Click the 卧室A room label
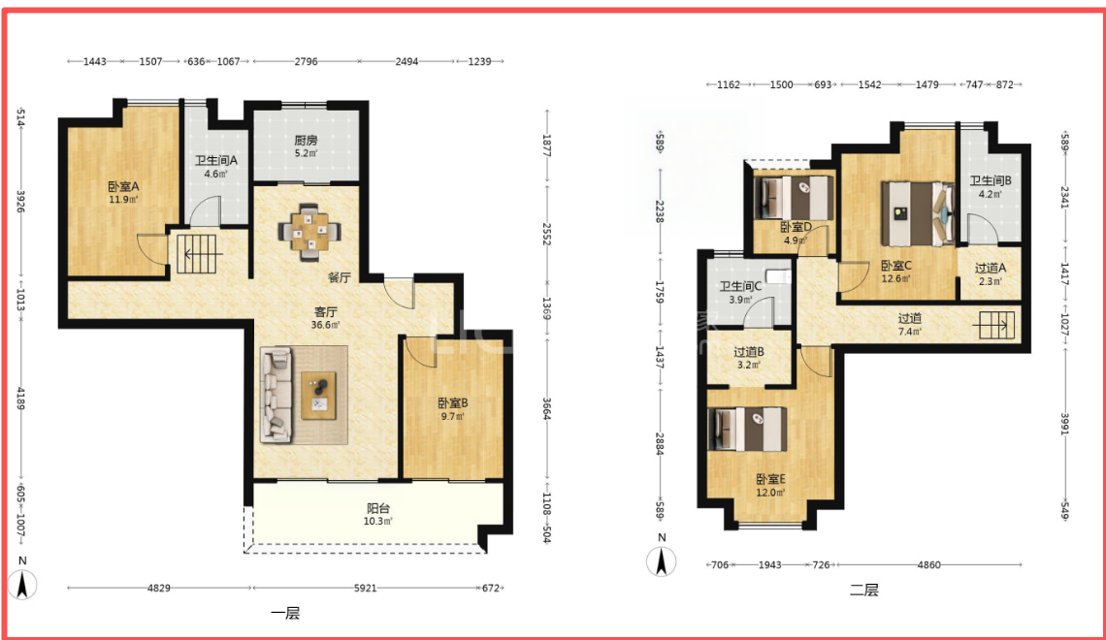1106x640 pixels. [123, 187]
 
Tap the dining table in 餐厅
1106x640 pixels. [309, 231]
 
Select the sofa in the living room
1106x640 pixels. [276, 395]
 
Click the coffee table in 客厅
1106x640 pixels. [318, 395]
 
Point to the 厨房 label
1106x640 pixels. [306, 141]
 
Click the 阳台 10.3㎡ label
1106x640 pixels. [378, 515]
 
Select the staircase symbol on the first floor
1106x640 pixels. [197, 254]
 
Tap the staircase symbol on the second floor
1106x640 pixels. [994, 326]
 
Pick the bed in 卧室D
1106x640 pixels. [795, 198]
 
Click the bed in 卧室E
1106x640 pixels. [747, 429]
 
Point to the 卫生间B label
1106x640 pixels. [991, 180]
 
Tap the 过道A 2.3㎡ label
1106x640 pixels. [991, 274]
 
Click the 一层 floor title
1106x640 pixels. [285, 613]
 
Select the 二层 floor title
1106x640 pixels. [864, 590]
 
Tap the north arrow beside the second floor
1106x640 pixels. [662, 557]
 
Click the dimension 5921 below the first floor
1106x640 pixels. [366, 588]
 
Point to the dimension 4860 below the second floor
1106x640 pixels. [929, 564]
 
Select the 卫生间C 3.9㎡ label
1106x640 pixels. [740, 293]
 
